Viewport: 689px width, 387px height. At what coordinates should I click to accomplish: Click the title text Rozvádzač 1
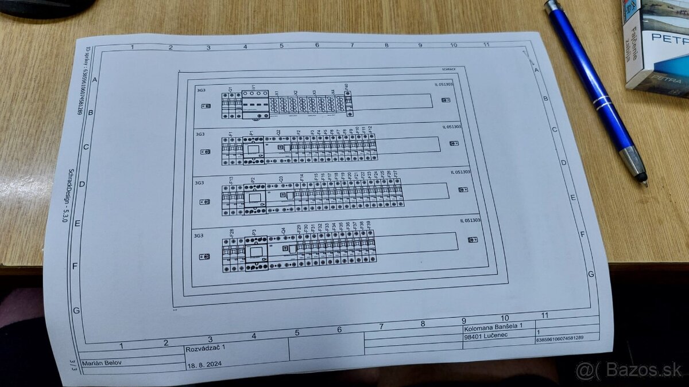pos(202,349)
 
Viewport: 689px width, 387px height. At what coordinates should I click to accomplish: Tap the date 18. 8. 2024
pos(204,365)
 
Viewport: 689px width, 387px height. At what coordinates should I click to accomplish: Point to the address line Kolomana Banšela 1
pos(494,326)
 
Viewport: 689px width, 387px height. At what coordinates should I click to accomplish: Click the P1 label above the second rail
pos(251,133)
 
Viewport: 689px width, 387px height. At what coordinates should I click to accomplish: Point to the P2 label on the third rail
pos(253,180)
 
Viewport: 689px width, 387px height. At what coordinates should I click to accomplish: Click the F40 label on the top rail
pos(346,87)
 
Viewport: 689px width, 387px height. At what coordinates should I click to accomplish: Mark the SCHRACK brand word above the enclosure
pos(448,69)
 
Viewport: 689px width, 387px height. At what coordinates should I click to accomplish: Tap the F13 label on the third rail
pos(231,180)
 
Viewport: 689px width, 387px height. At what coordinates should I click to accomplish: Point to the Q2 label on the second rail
pos(278,133)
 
